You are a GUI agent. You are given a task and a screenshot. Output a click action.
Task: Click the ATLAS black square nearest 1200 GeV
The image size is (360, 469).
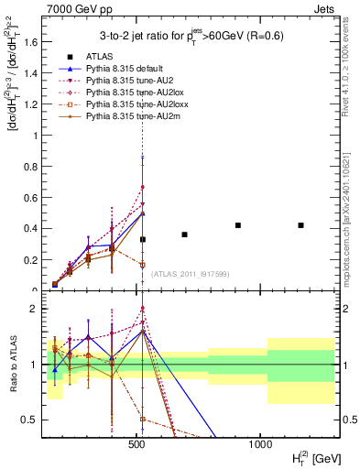click(x=300, y=225)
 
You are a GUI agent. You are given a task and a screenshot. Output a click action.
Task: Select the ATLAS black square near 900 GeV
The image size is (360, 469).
click(x=238, y=225)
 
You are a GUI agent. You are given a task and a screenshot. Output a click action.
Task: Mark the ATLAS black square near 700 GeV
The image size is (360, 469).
click(x=184, y=234)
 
